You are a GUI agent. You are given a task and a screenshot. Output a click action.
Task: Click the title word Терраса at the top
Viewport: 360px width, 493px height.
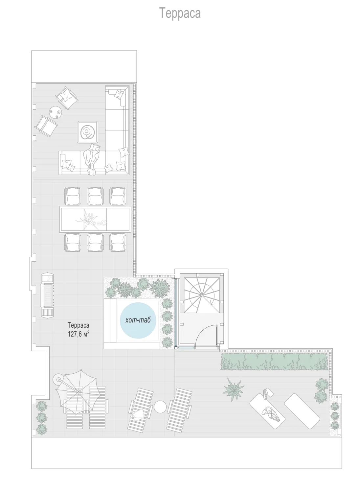180,13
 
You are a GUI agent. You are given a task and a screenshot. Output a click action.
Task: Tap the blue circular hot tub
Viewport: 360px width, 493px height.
138,320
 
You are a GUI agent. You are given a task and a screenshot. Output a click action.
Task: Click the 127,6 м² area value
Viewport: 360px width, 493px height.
79,334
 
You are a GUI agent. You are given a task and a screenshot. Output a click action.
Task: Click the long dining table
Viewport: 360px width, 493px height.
95,219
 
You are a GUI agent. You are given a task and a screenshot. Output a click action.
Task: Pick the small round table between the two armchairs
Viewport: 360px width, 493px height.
56,112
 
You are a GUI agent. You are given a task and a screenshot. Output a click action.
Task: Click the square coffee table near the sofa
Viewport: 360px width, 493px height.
87,132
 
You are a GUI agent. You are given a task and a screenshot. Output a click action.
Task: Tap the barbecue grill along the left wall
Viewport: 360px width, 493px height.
47,295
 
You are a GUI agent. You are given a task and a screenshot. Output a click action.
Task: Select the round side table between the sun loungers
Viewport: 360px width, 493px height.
160,407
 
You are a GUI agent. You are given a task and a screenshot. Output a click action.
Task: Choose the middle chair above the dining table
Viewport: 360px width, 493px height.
95,196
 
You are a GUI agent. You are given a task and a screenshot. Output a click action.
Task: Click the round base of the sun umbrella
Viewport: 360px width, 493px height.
59,380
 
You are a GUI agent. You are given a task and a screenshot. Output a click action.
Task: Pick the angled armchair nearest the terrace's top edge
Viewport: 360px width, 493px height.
66,98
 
